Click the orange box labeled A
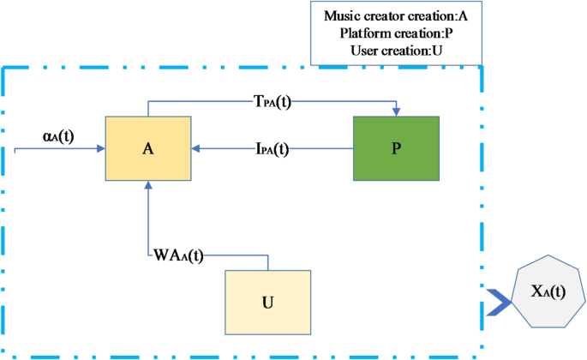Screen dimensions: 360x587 [148, 148]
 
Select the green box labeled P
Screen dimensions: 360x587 [396, 148]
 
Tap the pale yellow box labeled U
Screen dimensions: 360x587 [267, 302]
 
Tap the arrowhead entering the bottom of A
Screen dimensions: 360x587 [148, 185]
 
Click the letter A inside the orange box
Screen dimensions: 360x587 [148, 148]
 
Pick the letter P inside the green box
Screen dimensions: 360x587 [396, 148]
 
